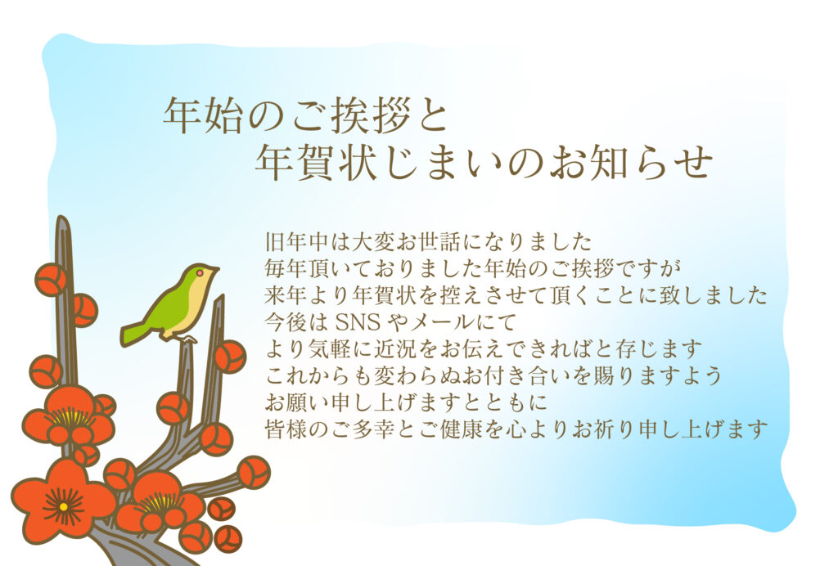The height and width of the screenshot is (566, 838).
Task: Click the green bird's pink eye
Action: click(x=199, y=272)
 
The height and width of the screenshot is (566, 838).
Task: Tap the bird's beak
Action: click(x=215, y=269)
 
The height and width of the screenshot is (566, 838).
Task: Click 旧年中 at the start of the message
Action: click(x=294, y=242)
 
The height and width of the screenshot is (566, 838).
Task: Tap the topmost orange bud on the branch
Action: click(x=51, y=280)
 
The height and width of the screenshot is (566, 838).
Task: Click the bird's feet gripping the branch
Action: click(x=187, y=336)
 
